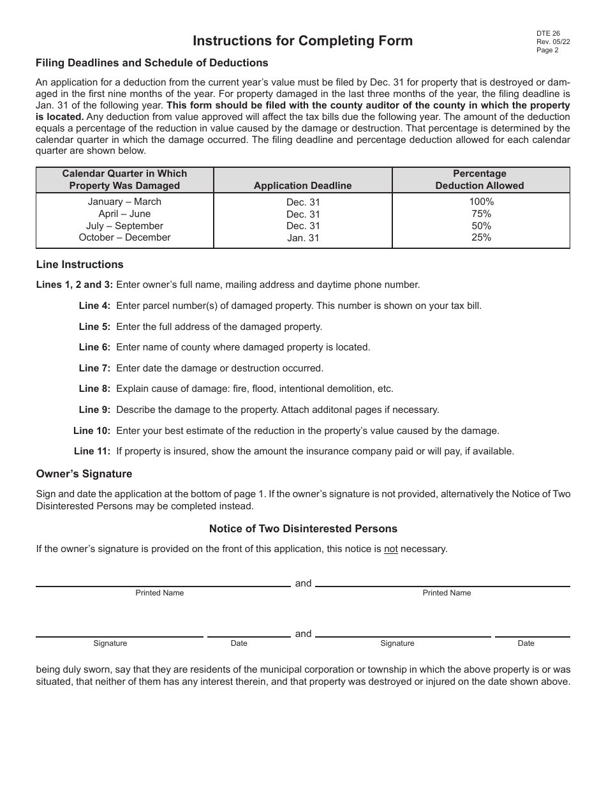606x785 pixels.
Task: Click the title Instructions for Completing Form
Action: pos(302,41)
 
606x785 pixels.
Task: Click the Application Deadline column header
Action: pos(302,186)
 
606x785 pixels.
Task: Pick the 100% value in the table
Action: pos(481,202)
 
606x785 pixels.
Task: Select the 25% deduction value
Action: pos(481,237)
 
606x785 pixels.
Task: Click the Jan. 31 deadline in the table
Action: pos(302,238)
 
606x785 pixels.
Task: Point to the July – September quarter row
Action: pos(124,226)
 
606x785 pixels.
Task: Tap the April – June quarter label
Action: pos(124,214)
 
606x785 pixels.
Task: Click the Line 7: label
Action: pos(94,368)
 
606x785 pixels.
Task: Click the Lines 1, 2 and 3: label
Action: pos(75,285)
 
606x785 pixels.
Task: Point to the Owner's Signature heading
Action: pos(84,474)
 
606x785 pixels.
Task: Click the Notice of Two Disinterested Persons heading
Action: pos(303,529)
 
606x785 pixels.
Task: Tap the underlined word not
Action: pos(390,549)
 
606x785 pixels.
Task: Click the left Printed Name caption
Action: pos(159,593)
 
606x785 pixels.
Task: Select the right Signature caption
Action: pos(397,643)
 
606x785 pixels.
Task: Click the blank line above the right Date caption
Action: pos(532,636)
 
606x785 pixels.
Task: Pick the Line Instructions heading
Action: pos(80,265)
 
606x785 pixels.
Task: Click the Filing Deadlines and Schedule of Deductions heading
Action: pos(152,63)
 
